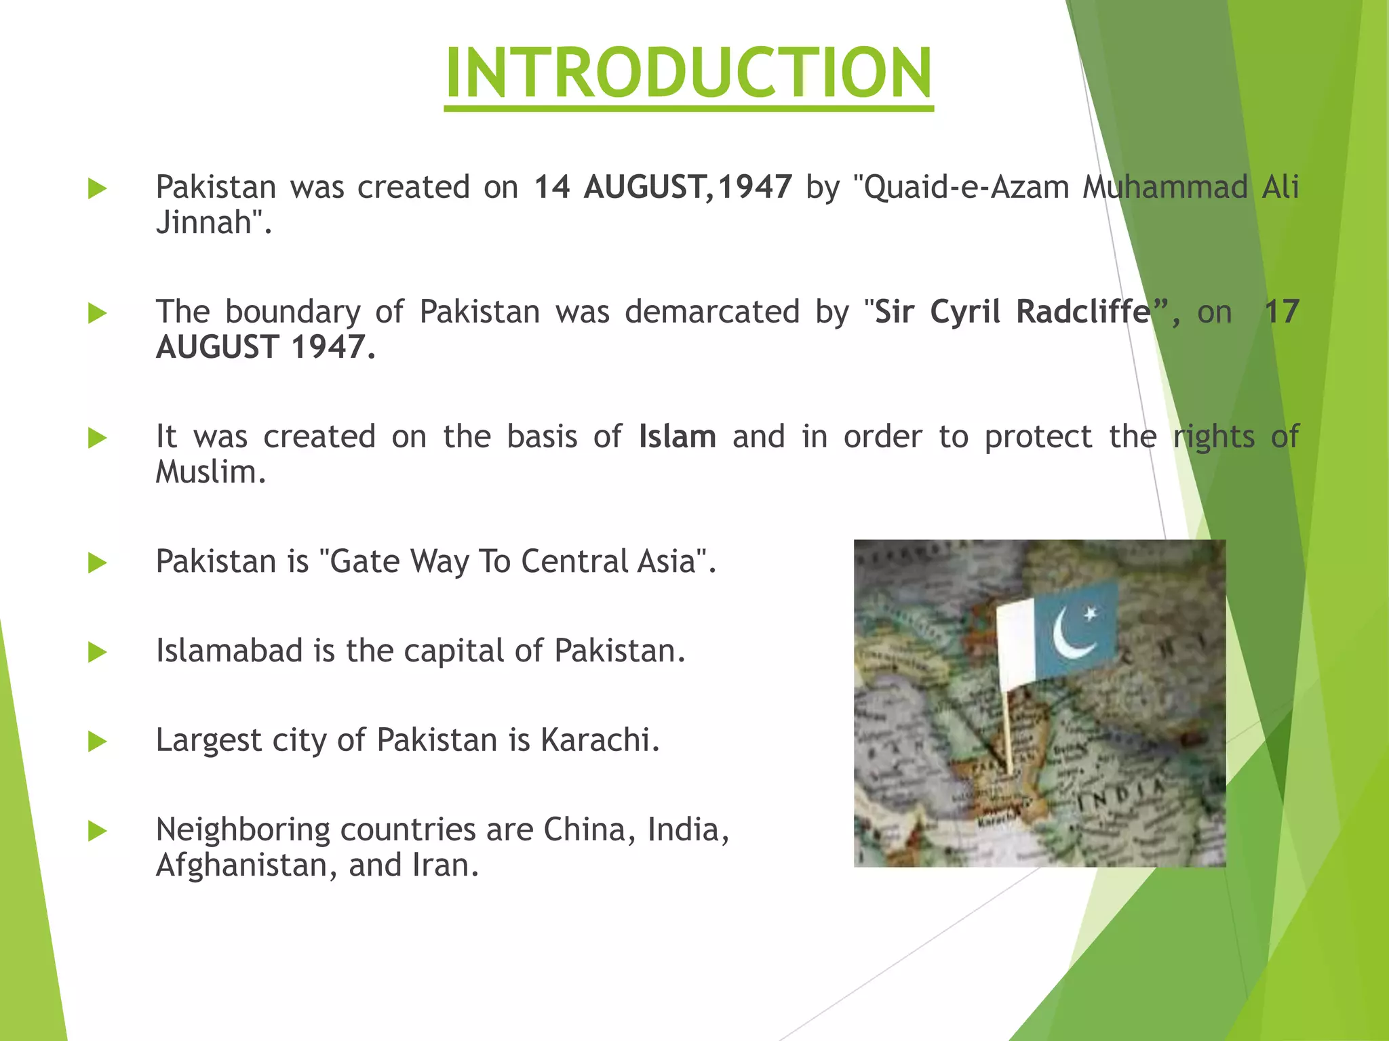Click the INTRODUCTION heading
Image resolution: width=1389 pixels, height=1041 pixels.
[x=688, y=73]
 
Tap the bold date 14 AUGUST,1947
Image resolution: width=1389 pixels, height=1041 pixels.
[x=663, y=187]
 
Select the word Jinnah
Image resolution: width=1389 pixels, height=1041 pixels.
[x=203, y=222]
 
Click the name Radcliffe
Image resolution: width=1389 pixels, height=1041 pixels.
[x=1083, y=312]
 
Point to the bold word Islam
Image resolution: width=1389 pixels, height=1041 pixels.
[x=677, y=436]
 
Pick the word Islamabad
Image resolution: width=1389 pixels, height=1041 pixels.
[x=229, y=651]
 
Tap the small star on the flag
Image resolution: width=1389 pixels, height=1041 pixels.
[x=1091, y=614]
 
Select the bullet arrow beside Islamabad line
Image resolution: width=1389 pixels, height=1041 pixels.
[x=98, y=652]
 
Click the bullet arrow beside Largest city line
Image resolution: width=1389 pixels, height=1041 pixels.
[x=98, y=741]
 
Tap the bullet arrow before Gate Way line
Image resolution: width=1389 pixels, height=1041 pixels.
[x=98, y=563]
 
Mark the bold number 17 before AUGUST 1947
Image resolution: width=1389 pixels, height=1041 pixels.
[x=1281, y=312]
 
